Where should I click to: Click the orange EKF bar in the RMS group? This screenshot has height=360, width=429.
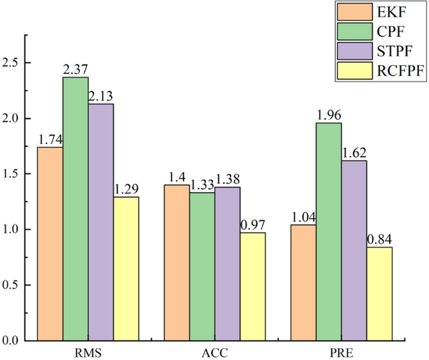tap(50, 244)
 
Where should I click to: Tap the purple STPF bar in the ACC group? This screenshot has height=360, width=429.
tap(227, 264)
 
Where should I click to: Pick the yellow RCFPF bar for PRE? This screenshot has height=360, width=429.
tap(380, 294)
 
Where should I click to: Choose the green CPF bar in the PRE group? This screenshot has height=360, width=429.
tap(329, 232)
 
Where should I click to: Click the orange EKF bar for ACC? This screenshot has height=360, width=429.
tap(177, 262)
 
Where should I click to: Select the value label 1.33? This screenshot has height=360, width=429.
tap(202, 186)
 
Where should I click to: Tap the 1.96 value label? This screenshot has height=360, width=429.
tap(329, 116)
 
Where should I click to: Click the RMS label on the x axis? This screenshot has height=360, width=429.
tap(88, 352)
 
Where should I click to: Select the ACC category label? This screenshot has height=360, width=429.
tap(215, 352)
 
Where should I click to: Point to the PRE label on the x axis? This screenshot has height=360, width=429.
tap(341, 352)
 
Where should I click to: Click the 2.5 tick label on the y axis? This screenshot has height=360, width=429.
tap(13, 63)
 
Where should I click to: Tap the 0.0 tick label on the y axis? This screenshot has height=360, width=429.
tap(13, 341)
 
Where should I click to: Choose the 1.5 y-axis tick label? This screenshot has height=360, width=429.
tap(13, 174)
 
